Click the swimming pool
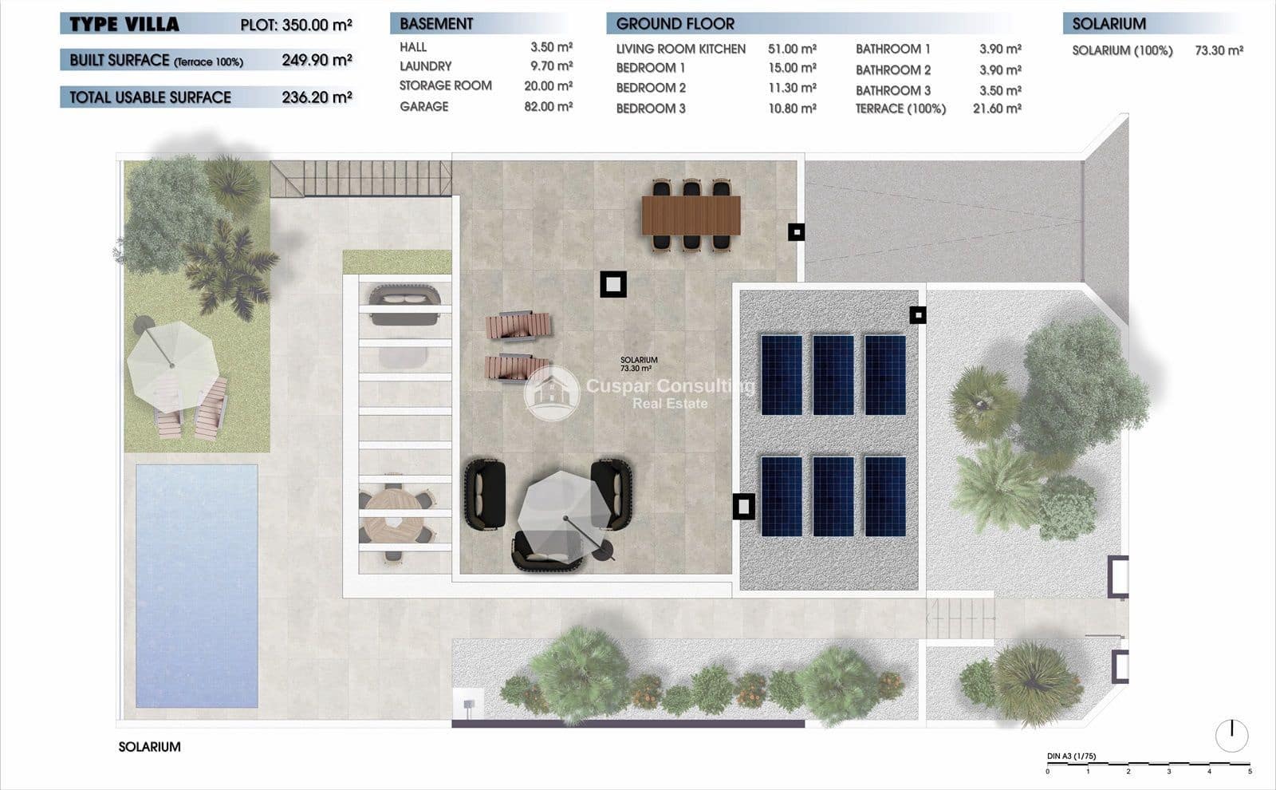point(196,585)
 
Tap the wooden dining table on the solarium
point(691,215)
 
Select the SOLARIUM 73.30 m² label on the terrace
point(638,365)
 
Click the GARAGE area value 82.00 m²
point(548,106)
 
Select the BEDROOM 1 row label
point(651,68)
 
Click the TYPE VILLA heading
point(124,24)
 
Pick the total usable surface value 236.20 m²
point(317,97)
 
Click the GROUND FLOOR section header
point(675,24)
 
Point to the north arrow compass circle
point(1231,735)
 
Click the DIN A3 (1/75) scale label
point(1071,756)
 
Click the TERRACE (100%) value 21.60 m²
point(997,109)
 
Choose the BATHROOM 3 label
point(892,90)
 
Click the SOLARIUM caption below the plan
point(149,747)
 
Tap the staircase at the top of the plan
point(360,179)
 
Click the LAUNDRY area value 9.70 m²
point(551,66)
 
